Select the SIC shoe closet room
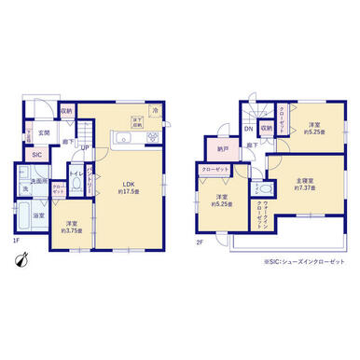(37, 155)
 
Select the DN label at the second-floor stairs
(248, 129)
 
